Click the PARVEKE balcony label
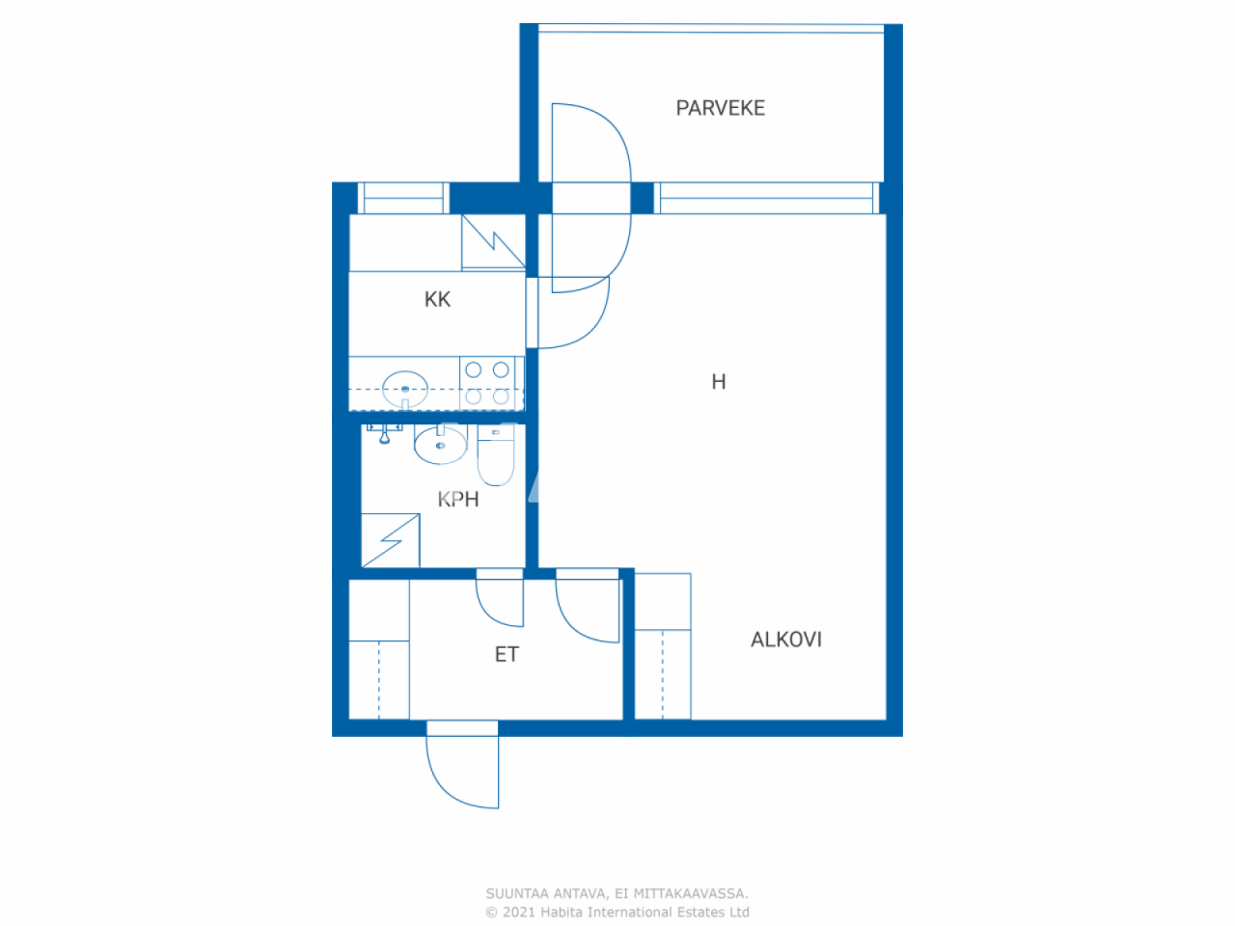(x=720, y=108)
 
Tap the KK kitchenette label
(x=437, y=299)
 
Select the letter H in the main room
(x=718, y=382)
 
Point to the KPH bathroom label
(x=457, y=499)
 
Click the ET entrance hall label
(x=507, y=655)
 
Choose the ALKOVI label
(x=785, y=640)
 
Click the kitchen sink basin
(x=404, y=388)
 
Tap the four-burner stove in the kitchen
(x=487, y=383)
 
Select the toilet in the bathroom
(x=497, y=459)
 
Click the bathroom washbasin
(x=440, y=445)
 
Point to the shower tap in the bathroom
(x=384, y=433)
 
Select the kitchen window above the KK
(x=402, y=198)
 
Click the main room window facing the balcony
(x=767, y=198)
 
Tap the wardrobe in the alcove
(x=663, y=646)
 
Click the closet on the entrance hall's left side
(x=378, y=649)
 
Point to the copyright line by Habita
(x=617, y=912)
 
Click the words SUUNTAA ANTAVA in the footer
(x=547, y=894)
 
